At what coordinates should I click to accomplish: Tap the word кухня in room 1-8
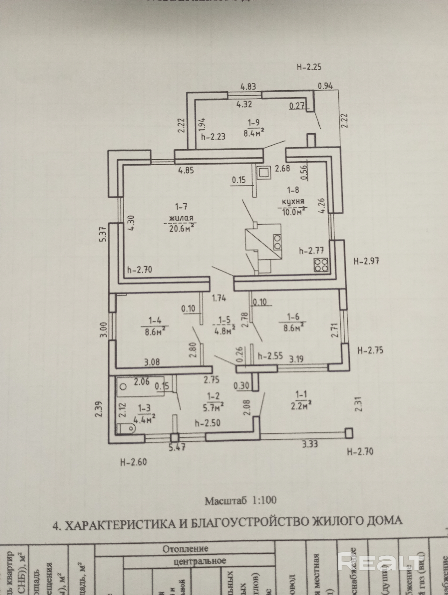pyautogui.click(x=293, y=201)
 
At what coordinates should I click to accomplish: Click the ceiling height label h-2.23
pyautogui.click(x=213, y=137)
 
